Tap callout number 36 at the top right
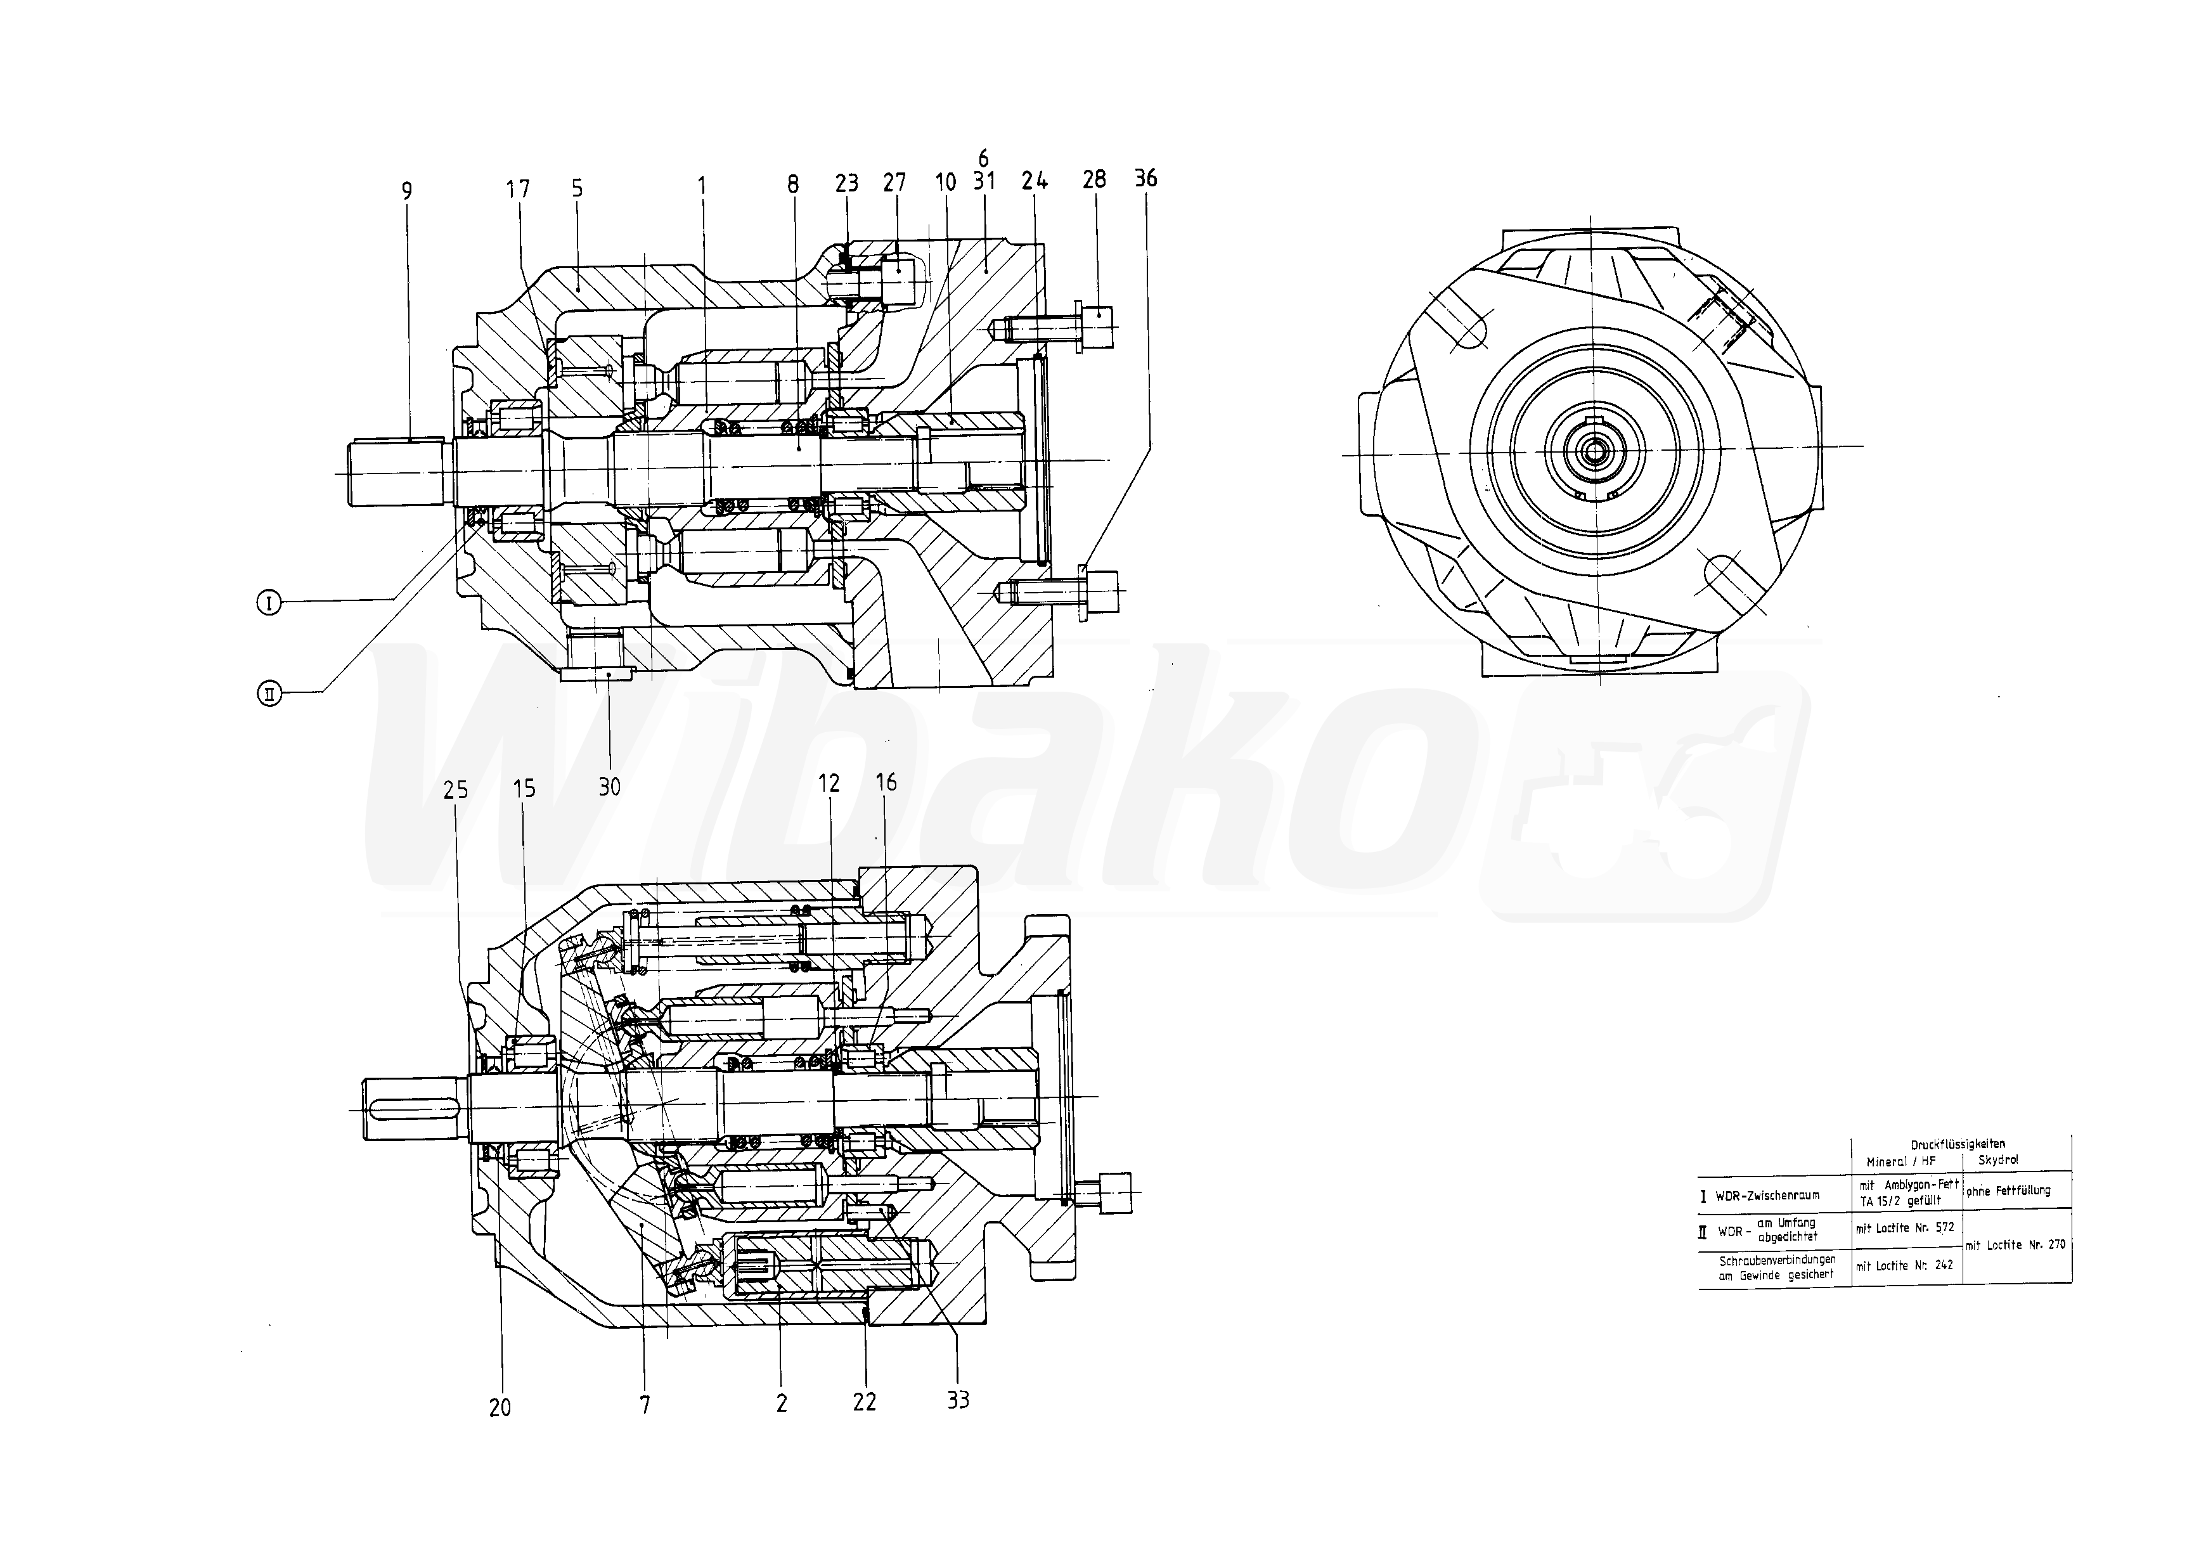click(1145, 178)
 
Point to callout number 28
click(1095, 179)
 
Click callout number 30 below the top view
click(610, 787)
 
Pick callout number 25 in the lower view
click(456, 790)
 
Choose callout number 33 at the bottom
click(958, 1400)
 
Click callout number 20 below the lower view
click(500, 1408)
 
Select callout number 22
click(865, 1402)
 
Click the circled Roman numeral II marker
click(269, 692)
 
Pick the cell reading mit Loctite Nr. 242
click(1905, 1266)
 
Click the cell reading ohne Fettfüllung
click(2008, 1191)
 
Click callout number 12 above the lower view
click(829, 783)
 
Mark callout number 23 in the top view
click(846, 183)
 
